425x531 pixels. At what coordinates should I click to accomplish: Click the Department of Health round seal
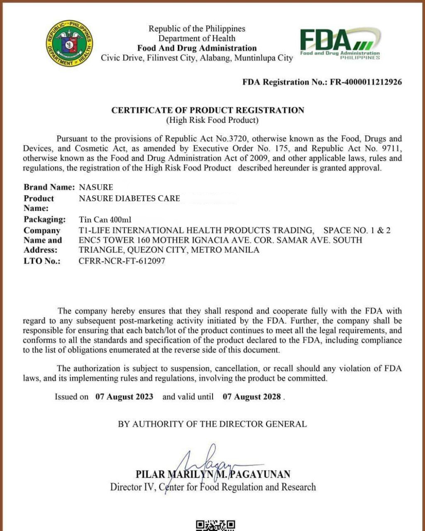pos(69,44)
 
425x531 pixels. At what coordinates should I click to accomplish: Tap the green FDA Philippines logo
pos(340,44)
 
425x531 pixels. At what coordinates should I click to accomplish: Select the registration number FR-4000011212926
pos(366,82)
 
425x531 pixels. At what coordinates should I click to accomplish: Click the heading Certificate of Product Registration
pos(208,110)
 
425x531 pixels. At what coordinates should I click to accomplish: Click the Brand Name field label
pos(49,187)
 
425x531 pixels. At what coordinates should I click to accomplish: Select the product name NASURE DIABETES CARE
pos(129,198)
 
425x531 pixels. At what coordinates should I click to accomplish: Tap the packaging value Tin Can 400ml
pos(105,219)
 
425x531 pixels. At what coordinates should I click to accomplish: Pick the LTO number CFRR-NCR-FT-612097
pos(122,261)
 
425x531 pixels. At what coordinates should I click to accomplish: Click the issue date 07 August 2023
pos(124,397)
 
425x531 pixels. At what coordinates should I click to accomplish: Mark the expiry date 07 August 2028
pos(252,397)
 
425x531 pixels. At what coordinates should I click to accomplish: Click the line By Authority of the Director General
pos(212,424)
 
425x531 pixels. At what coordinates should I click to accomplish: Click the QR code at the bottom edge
pos(215,525)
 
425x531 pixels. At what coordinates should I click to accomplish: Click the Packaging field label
pos(44,219)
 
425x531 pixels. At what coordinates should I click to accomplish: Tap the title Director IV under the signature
pos(132,487)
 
